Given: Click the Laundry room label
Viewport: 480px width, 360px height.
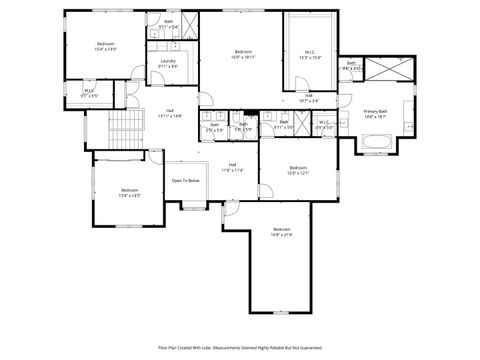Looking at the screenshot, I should [168, 64].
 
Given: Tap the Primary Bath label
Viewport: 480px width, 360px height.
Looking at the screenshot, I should [377, 113].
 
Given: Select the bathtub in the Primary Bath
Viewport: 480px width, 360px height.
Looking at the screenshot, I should [377, 144].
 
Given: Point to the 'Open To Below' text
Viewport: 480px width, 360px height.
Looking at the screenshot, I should [185, 181].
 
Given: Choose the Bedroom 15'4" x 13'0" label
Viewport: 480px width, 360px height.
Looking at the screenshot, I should [105, 45].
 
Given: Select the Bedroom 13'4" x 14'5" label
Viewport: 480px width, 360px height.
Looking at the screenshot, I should [129, 192].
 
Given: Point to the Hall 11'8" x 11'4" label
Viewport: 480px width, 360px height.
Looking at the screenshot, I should [231, 167].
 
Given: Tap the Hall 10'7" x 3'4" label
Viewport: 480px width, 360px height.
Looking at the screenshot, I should [309, 99].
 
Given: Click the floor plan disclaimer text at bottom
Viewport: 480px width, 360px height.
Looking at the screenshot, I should [240, 347].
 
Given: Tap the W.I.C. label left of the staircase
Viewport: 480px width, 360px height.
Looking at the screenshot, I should [89, 93].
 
